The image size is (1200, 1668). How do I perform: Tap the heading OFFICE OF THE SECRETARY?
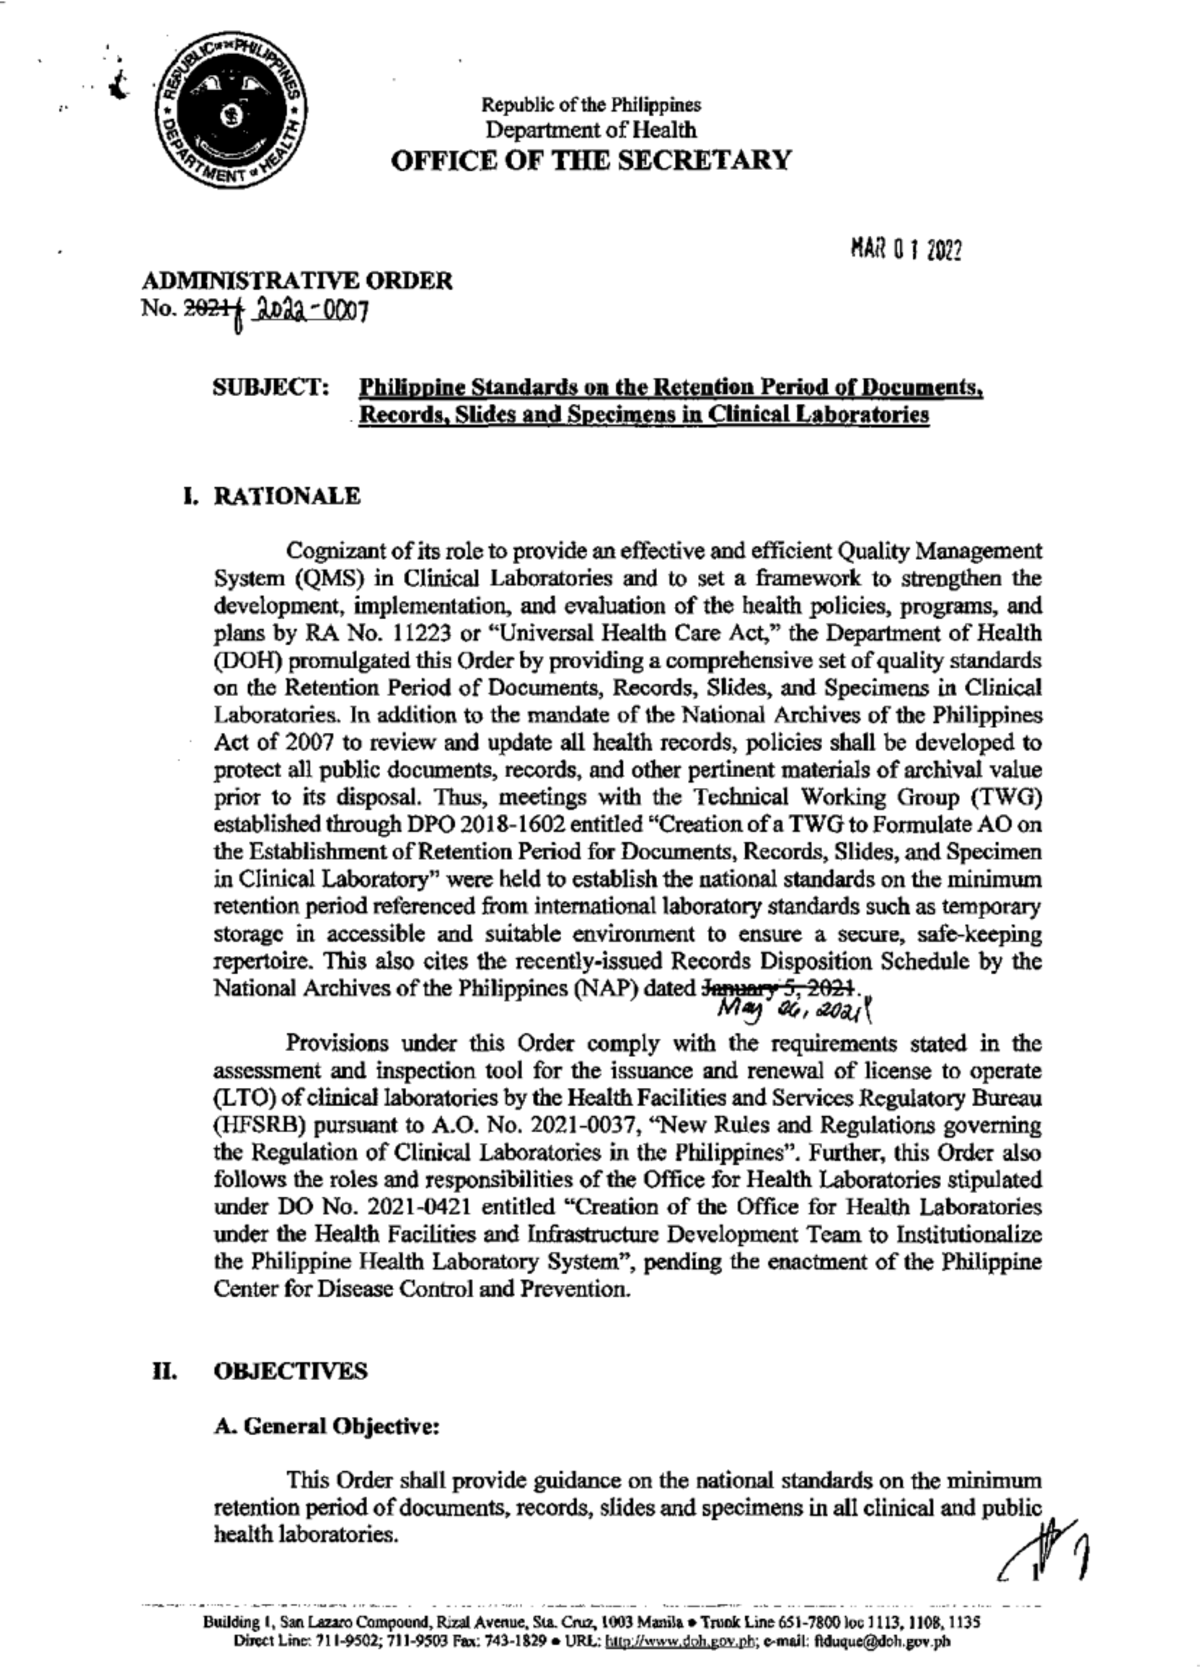pos(590,160)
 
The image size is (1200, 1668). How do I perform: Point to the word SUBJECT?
pos(272,387)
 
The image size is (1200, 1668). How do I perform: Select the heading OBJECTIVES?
pos(291,1371)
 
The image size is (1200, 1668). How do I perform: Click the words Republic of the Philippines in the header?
pos(591,104)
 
